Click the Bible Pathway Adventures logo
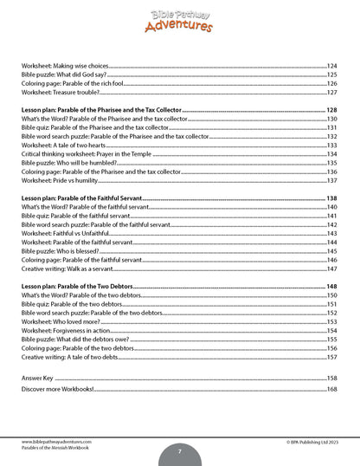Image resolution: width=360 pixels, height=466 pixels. point(179,18)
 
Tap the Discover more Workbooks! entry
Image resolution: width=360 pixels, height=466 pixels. point(57,390)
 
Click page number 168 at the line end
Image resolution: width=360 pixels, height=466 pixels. point(331,390)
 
